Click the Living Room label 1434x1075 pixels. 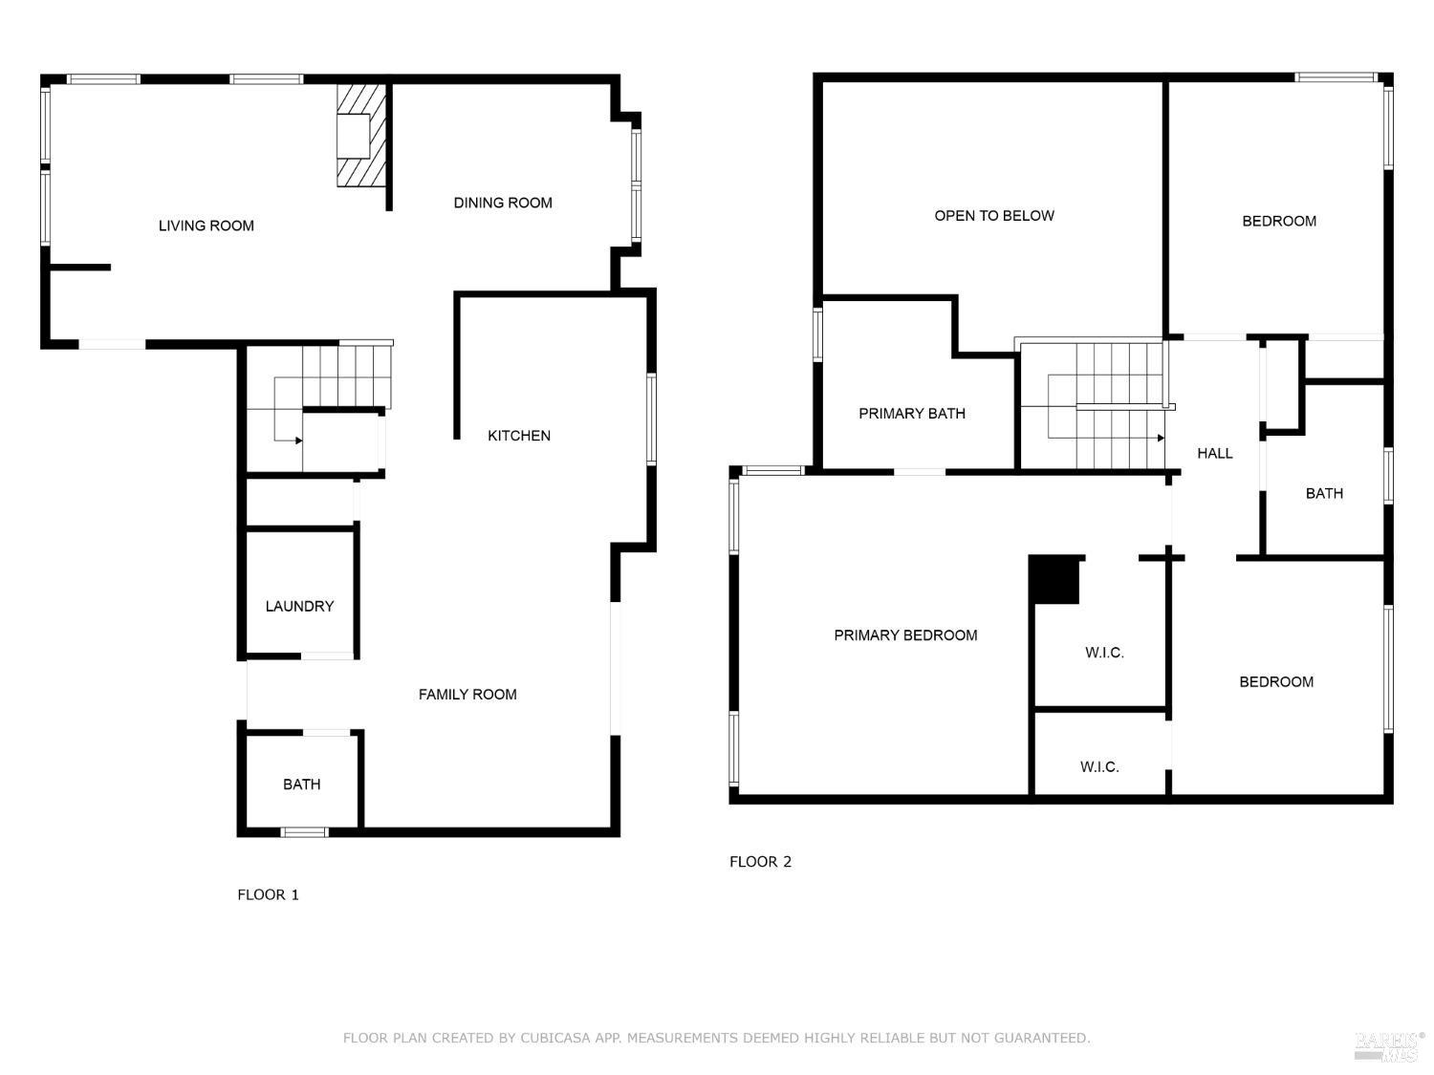[x=206, y=226]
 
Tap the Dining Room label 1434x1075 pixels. [x=503, y=203]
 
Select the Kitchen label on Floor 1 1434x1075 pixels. [x=519, y=436]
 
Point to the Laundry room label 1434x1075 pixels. [x=299, y=606]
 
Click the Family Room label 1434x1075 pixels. [x=467, y=695]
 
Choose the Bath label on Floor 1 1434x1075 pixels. [x=301, y=785]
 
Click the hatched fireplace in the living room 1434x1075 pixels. [x=361, y=136]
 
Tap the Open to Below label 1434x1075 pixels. [x=994, y=216]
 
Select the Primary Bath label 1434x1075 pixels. [x=912, y=414]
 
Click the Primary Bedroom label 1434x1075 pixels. [x=905, y=635]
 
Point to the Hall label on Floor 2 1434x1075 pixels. [x=1214, y=453]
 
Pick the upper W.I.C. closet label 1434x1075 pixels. [x=1104, y=653]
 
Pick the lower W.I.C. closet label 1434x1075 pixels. [x=1099, y=766]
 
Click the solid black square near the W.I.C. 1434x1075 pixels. [x=1054, y=580]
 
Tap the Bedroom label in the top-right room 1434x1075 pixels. [x=1279, y=221]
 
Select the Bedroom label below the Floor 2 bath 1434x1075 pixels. [x=1276, y=681]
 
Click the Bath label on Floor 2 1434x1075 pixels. [x=1324, y=493]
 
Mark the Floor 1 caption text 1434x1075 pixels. [x=268, y=894]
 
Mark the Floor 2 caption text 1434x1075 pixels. [x=760, y=861]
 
